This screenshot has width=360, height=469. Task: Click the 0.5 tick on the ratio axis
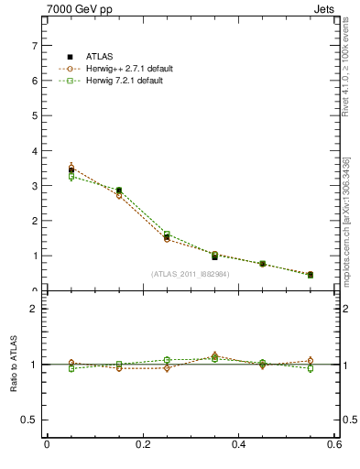[x=33, y=420]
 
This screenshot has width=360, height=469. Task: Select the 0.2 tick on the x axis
[x=143, y=444]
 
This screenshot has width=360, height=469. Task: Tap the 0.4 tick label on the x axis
[x=239, y=444]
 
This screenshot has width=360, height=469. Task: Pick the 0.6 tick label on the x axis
[x=334, y=444]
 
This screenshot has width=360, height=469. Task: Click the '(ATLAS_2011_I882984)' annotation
[x=191, y=274]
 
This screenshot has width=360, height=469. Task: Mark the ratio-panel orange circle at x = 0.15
[x=119, y=368]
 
